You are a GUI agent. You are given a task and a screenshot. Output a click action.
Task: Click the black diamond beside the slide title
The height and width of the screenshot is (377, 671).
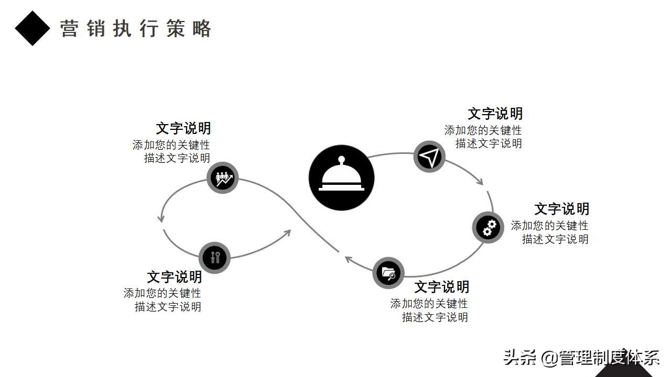(33, 28)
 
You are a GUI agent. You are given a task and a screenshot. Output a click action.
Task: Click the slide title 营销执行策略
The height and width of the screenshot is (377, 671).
(135, 29)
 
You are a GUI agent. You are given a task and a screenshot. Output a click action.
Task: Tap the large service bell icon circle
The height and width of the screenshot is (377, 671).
(341, 178)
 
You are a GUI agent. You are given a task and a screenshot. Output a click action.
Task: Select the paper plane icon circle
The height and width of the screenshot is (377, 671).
(429, 157)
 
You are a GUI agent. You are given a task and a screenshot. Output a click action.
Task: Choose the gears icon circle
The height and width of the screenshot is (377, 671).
(488, 227)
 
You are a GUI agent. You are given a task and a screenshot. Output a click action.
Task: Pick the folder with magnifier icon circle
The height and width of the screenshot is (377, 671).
(388, 273)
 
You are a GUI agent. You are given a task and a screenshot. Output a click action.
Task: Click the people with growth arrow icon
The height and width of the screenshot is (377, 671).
(222, 178)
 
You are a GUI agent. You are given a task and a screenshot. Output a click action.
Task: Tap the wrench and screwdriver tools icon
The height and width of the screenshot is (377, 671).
(214, 257)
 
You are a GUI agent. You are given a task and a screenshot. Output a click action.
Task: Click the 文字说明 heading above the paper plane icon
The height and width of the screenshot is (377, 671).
(495, 114)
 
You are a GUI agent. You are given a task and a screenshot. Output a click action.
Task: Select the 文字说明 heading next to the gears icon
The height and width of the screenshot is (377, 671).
(561, 209)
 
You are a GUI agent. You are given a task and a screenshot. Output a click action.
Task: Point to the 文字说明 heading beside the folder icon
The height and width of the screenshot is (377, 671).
(441, 287)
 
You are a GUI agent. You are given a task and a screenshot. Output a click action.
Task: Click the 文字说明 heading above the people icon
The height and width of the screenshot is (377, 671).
(183, 128)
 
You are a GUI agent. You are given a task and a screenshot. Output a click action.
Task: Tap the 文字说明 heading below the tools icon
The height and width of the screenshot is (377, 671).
(174, 277)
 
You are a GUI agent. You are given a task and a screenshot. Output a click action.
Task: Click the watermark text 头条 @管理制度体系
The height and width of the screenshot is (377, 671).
(581, 358)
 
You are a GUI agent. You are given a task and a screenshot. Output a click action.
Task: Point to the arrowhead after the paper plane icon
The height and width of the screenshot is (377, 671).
(479, 181)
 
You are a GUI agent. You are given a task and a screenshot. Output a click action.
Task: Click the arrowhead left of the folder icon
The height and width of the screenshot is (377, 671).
(348, 258)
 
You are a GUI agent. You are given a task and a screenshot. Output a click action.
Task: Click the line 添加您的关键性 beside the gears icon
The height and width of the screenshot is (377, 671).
(549, 226)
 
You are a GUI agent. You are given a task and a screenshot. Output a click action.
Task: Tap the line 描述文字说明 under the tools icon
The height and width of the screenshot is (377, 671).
(168, 307)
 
